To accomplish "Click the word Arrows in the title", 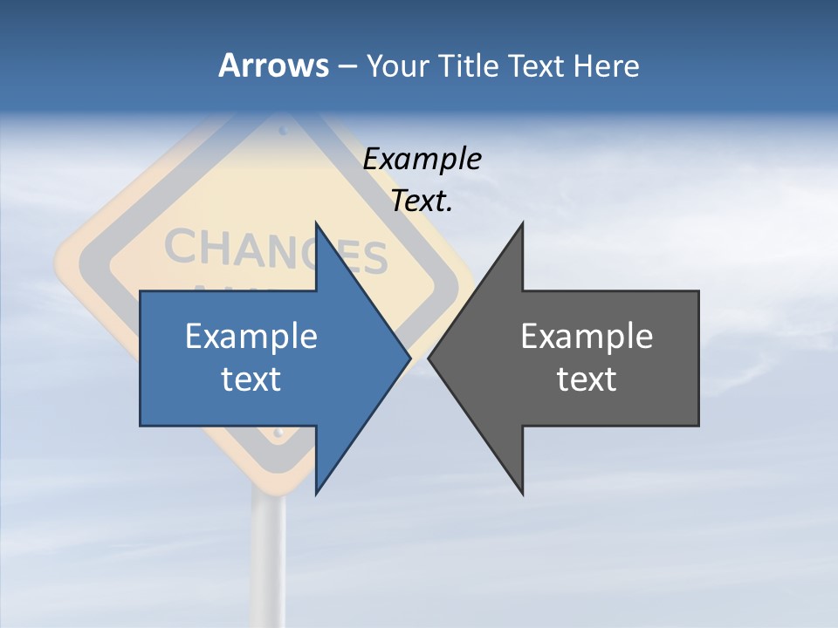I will click(x=273, y=65).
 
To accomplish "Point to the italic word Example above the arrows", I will click(x=422, y=160).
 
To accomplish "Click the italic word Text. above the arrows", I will click(x=422, y=201).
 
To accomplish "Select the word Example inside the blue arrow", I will click(x=251, y=336).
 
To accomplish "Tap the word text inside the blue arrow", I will click(x=251, y=379).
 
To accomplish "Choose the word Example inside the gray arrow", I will click(x=587, y=336).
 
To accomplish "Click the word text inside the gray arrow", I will click(x=587, y=379).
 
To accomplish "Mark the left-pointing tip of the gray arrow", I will click(x=429, y=358).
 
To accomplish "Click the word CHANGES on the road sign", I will click(x=276, y=253).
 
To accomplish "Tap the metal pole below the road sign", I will click(x=268, y=558).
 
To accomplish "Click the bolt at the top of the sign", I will click(x=282, y=131).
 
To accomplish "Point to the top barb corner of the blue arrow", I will click(x=316, y=223).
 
